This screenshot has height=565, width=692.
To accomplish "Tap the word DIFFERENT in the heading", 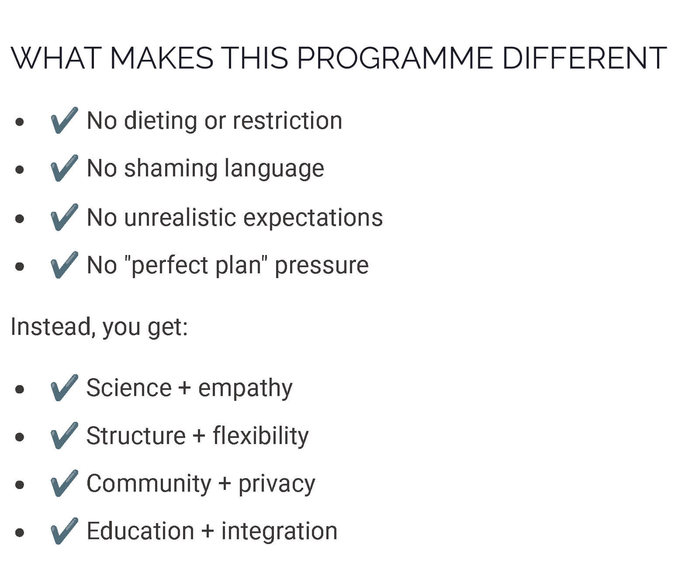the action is pos(585,58).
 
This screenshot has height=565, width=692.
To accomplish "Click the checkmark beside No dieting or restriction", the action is pos(65,120).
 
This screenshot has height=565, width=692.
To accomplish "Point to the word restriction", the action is pos(287,121).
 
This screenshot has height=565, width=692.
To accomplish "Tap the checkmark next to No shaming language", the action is pos(65,168).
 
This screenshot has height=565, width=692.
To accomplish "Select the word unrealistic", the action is pos(180,217).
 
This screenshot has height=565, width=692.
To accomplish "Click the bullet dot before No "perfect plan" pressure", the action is pos(20,266).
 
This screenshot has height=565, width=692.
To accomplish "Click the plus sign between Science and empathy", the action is pos(184,388).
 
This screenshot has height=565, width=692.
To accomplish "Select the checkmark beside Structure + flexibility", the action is pos(65,435).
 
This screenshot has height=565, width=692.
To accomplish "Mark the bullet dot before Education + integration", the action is pos(20,532).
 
